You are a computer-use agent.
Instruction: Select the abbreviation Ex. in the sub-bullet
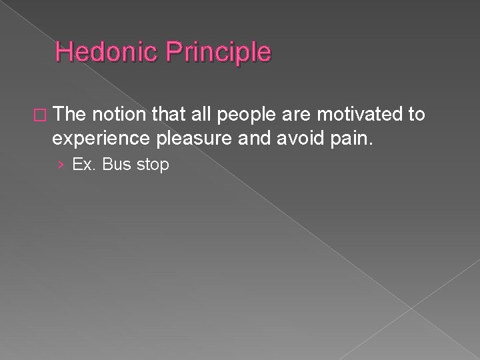coord(83,164)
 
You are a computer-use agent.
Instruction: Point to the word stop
coord(152,165)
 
